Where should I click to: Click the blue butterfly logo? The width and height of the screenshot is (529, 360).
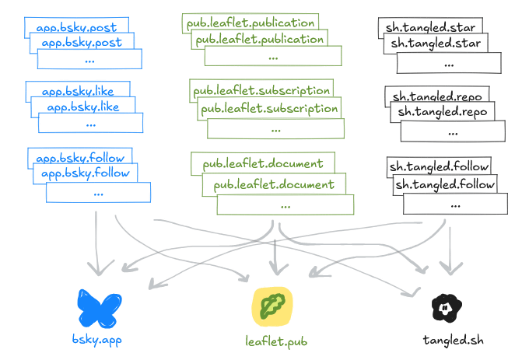[x=99, y=309]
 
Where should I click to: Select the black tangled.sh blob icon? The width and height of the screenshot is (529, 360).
[x=447, y=309]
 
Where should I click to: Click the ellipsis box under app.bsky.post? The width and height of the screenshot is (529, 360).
[x=90, y=59]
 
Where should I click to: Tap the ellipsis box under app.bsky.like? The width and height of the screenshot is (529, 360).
[x=91, y=123]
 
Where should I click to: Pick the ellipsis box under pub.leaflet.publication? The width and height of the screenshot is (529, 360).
[x=273, y=56]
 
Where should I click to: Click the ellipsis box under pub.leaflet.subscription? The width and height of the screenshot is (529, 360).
[x=275, y=129]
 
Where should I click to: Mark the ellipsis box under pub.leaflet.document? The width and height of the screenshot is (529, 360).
[x=285, y=205]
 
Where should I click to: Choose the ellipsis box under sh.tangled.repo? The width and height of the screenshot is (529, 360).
[x=454, y=131]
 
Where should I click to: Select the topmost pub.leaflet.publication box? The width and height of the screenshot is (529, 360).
[x=250, y=23]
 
